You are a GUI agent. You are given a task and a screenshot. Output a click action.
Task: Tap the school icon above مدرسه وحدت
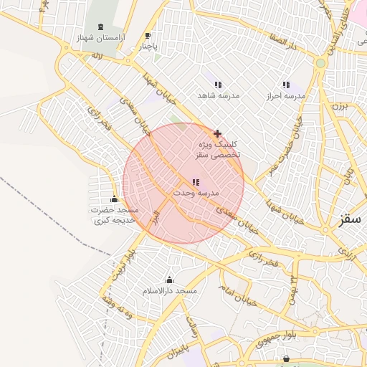(196, 183)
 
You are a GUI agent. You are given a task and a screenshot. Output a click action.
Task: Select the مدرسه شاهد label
(219, 95)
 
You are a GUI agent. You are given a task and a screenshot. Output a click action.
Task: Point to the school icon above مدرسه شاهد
(218, 85)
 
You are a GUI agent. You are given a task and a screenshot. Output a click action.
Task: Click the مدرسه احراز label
(286, 95)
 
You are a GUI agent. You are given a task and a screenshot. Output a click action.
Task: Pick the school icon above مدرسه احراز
(286, 85)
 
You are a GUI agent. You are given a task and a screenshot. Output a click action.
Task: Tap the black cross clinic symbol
(217, 133)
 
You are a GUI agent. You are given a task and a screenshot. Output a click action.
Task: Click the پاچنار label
(148, 47)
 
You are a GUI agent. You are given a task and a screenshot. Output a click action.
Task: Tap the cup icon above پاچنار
(148, 36)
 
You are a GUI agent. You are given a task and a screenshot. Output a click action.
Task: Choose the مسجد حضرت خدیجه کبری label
(114, 215)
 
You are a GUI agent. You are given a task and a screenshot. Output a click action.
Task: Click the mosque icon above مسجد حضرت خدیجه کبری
(114, 199)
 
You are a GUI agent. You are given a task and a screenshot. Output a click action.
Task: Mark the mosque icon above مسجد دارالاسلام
(169, 280)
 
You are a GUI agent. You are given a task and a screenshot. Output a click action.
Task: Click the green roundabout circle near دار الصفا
(320, 63)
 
